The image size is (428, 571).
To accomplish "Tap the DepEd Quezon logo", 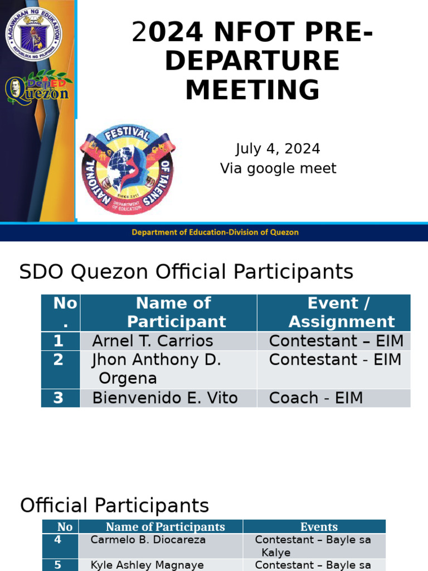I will coord(37,89).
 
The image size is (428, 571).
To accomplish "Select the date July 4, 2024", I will coord(278,149).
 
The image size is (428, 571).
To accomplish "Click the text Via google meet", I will coord(278,168).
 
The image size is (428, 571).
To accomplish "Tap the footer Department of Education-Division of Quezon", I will coord(215,232).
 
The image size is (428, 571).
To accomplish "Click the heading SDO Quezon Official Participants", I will coord(186,272).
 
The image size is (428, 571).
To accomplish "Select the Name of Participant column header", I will coord(173,312).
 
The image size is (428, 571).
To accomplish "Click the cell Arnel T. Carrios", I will coord(152,341).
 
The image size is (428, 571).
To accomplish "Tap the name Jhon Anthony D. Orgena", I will coord(157,369).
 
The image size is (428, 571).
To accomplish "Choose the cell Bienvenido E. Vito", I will coord(165,398).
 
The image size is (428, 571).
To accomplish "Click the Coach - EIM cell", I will coord(315,398).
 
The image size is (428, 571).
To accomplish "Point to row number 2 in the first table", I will coord(59,360).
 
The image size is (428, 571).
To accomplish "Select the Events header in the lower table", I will coord(319,527).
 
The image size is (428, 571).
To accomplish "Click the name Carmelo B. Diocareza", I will coord(148,540).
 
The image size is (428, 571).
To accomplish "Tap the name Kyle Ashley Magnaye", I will coord(147,565).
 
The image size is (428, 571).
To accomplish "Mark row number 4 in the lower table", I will coord(58,540).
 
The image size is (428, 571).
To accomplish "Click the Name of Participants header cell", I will coord(166,527).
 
